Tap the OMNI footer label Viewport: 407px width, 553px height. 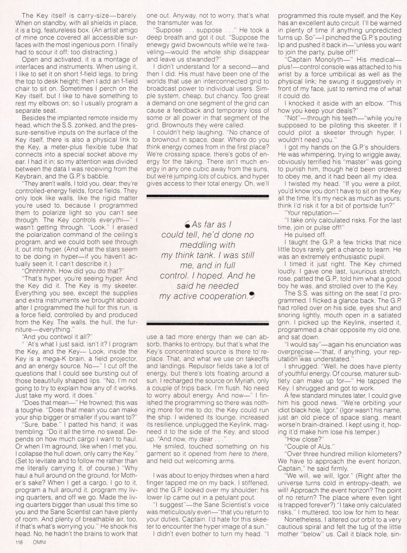click(x=35, y=546)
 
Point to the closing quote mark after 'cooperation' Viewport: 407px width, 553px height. click(x=251, y=295)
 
